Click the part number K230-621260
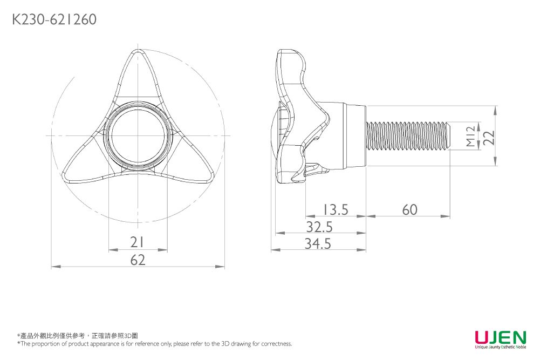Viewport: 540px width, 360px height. click(54, 20)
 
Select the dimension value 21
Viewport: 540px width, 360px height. click(138, 242)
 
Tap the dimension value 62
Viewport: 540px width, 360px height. click(138, 260)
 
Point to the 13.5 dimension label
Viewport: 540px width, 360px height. click(336, 209)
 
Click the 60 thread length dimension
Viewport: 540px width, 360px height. click(409, 209)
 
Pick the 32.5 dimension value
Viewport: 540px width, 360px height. click(319, 227)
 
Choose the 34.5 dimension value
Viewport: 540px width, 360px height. click(318, 244)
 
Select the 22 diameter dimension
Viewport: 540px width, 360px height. click(489, 137)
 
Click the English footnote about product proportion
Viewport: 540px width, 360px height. click(155, 344)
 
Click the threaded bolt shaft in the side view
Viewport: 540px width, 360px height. click(407, 136)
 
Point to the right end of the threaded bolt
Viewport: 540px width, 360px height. click(448, 136)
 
